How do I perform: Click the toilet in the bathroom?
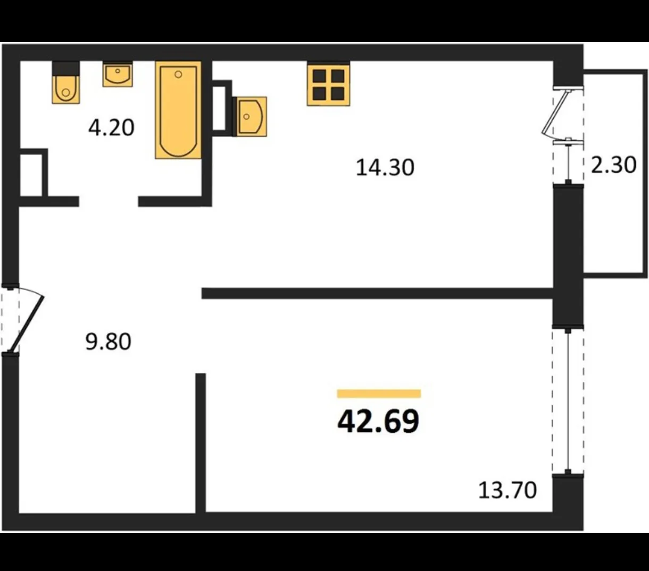[66, 89]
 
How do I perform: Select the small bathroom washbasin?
[118, 75]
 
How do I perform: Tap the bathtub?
[178, 110]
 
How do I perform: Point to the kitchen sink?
[250, 116]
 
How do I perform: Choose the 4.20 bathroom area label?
[111, 128]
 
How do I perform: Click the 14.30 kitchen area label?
[385, 168]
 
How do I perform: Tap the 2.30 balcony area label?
[613, 165]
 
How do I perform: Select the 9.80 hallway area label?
[109, 342]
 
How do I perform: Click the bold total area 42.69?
[378, 422]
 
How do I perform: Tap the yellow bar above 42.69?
[379, 394]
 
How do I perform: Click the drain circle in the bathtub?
[178, 74]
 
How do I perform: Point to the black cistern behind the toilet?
[66, 69]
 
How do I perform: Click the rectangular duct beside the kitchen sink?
[222, 108]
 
